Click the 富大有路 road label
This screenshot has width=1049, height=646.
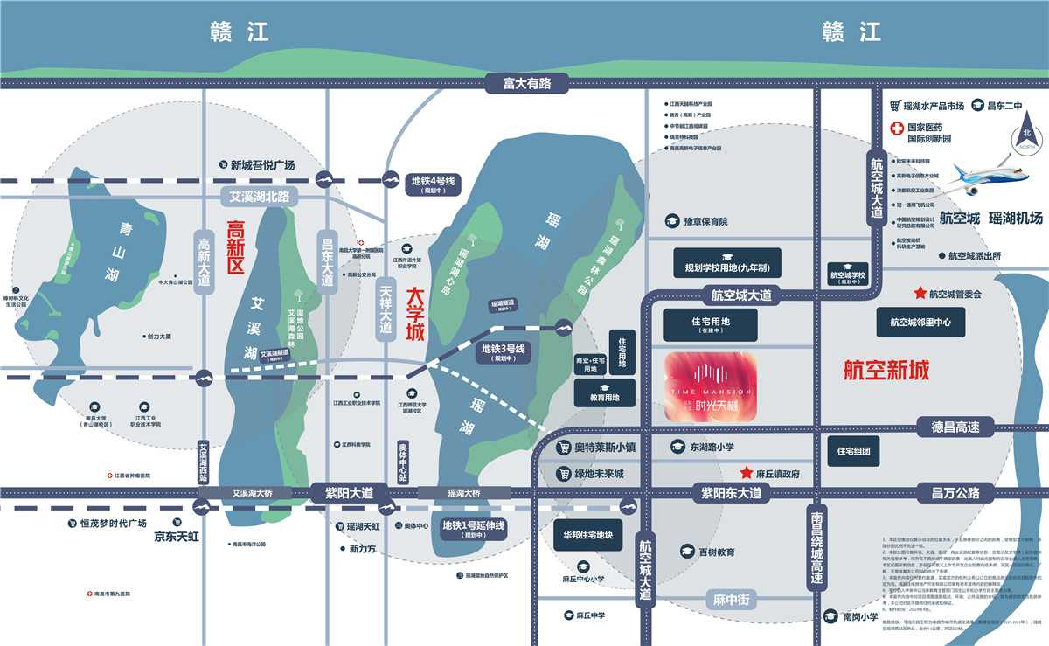527,83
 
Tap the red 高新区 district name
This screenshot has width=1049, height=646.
234,249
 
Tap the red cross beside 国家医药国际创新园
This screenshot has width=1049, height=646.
895,129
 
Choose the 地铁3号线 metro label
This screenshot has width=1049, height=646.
503,352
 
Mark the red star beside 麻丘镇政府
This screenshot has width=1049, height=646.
746,473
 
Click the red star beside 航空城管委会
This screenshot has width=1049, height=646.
919,294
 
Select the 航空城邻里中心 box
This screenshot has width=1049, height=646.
920,322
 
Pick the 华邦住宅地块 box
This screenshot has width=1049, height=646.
587,534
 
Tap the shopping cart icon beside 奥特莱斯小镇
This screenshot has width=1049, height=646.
564,447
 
